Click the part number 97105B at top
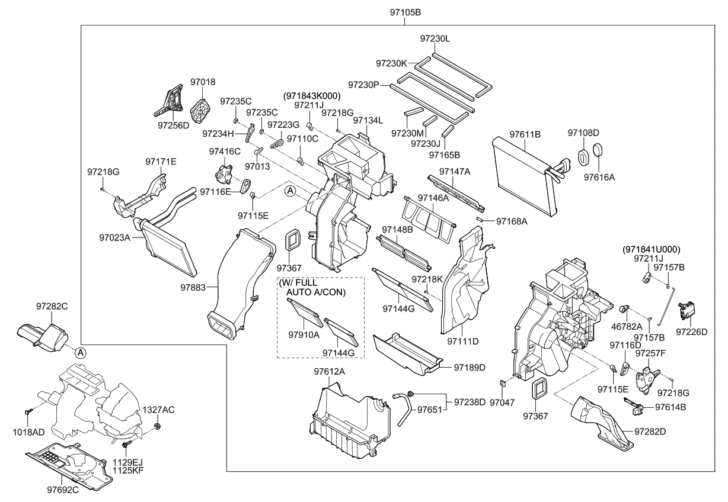click(x=405, y=12)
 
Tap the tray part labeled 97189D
click(x=408, y=354)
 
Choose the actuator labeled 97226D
click(x=688, y=310)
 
